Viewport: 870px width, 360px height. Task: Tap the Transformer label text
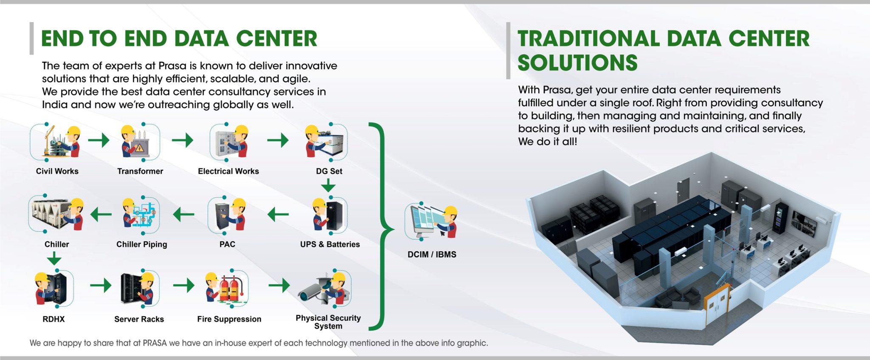[x=140, y=171]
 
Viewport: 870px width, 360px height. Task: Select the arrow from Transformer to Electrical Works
[x=183, y=140]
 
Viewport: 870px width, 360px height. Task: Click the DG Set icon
[x=326, y=142]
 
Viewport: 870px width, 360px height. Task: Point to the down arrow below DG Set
[x=328, y=186]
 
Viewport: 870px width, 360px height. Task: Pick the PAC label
[x=227, y=244]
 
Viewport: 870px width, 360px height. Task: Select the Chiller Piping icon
[x=141, y=215]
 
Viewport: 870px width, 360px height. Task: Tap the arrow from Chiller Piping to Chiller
[x=101, y=214]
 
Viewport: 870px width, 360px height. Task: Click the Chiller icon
[x=56, y=214]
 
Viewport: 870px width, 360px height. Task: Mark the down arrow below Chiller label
[x=54, y=258]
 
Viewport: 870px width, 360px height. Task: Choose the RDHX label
[x=54, y=319]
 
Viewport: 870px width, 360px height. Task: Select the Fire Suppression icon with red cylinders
[x=226, y=288]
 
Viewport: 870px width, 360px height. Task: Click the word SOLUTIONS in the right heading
[x=577, y=63]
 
